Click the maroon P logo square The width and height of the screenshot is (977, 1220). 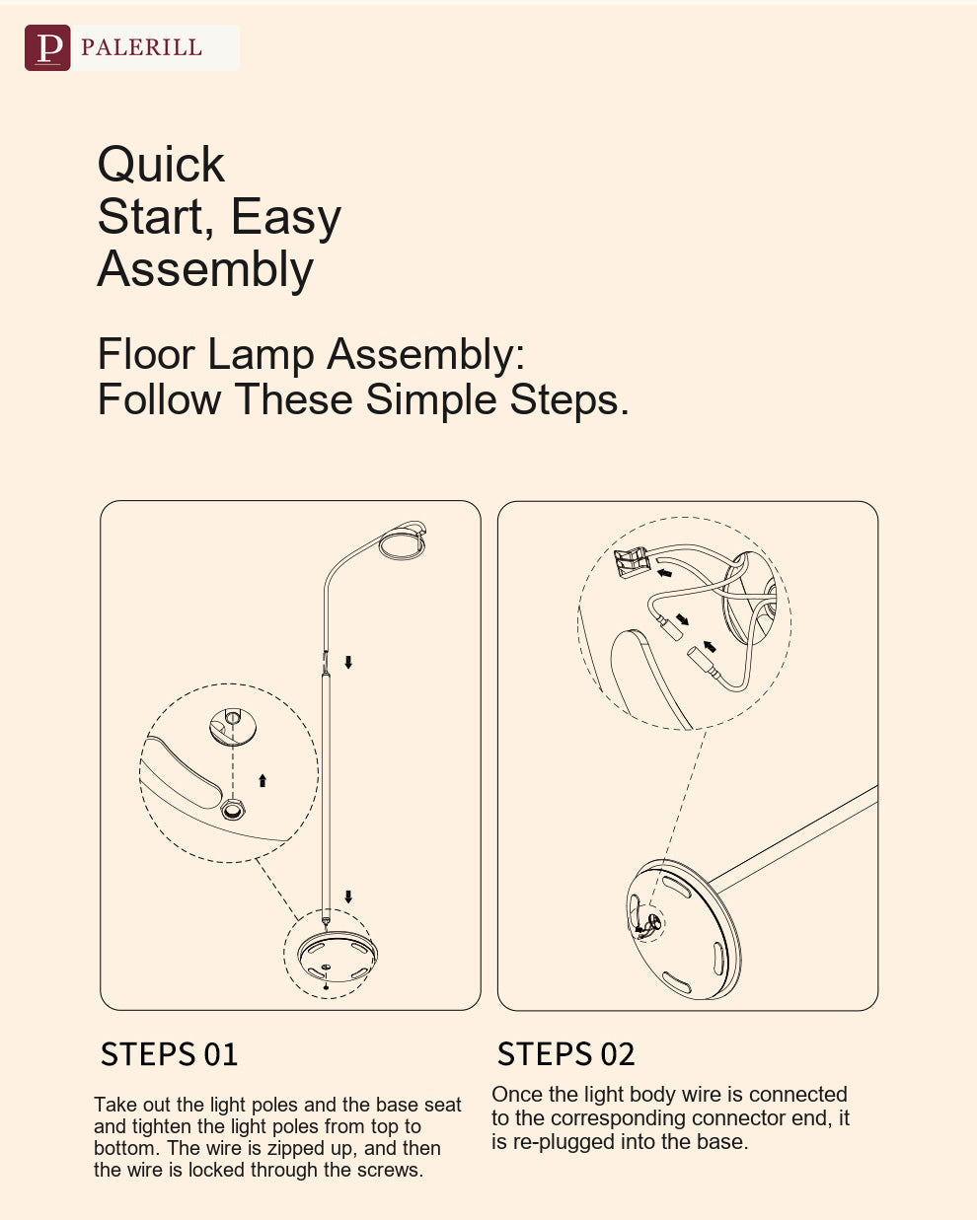click(x=47, y=47)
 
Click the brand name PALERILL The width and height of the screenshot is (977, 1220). click(x=141, y=47)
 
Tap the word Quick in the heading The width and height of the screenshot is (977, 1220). click(x=161, y=166)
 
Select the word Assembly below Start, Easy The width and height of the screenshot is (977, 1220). click(x=205, y=269)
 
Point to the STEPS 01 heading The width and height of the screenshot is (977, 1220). click(x=169, y=1054)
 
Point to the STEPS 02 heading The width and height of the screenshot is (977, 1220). click(x=565, y=1054)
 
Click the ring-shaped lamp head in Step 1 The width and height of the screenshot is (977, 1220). click(x=403, y=544)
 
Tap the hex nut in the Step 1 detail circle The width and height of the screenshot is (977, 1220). click(x=232, y=810)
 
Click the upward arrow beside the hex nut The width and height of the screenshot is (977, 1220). click(x=263, y=780)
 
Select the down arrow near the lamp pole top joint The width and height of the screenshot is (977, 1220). click(x=348, y=662)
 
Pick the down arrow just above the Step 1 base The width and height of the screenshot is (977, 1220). click(x=348, y=897)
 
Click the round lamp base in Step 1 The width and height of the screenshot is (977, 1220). click(x=337, y=957)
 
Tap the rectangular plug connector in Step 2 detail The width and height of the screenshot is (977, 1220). click(x=632, y=562)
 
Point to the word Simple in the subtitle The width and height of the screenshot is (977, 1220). click(x=430, y=399)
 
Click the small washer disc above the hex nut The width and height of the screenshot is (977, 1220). click(x=233, y=726)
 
